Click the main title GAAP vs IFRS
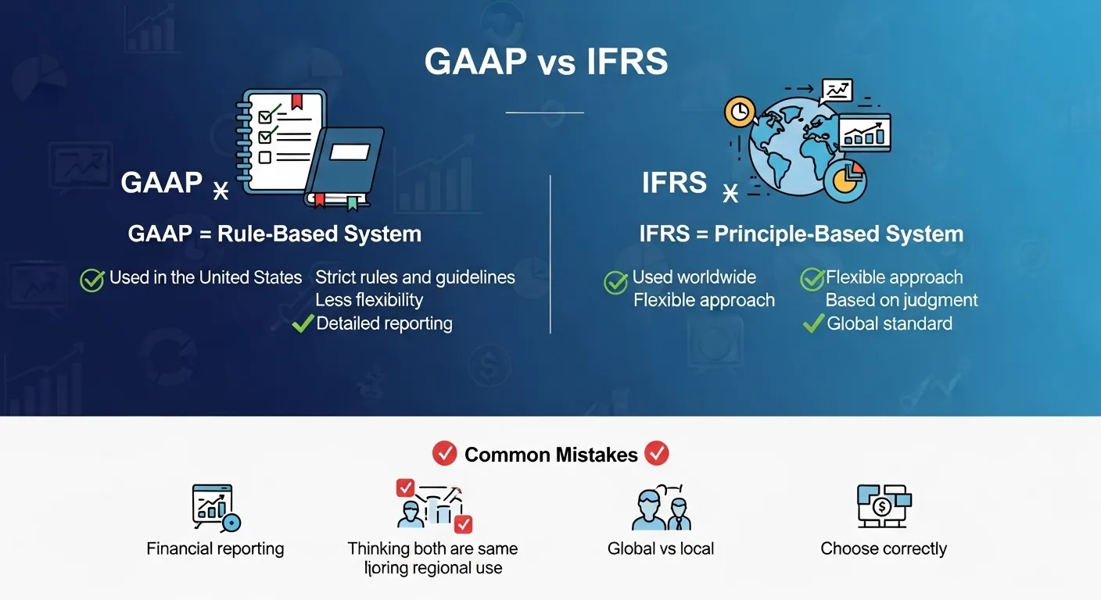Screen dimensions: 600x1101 pyautogui.click(x=546, y=62)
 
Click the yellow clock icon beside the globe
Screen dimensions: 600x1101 pyautogui.click(x=739, y=112)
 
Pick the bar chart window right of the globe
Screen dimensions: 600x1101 pyautogui.click(x=865, y=132)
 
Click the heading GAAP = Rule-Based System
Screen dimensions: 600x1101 pyautogui.click(x=274, y=234)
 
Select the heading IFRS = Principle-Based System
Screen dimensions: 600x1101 pyautogui.click(x=801, y=234)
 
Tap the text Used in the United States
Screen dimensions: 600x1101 pyautogui.click(x=206, y=277)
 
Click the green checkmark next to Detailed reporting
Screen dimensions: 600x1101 pyautogui.click(x=303, y=323)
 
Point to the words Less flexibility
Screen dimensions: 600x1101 pyautogui.click(x=369, y=300)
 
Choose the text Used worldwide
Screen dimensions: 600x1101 pyautogui.click(x=694, y=277)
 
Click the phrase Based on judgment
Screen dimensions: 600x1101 pyautogui.click(x=902, y=300)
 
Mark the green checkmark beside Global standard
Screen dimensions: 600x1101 pyautogui.click(x=813, y=323)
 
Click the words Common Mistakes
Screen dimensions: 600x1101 pyautogui.click(x=550, y=455)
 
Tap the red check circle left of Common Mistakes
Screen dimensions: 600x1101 pyautogui.click(x=444, y=454)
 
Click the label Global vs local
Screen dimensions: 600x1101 pyautogui.click(x=661, y=548)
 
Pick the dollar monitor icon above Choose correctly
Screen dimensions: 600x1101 pyautogui.click(x=884, y=505)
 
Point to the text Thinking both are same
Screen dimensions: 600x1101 pyautogui.click(x=432, y=548)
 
